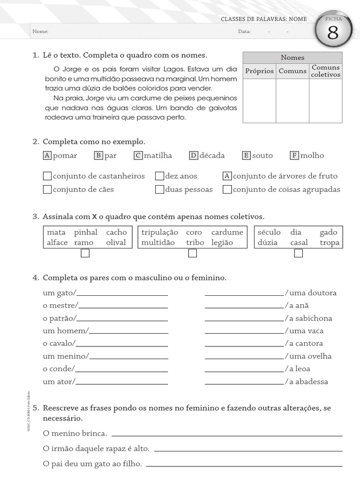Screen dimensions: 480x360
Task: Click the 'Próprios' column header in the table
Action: coord(259,71)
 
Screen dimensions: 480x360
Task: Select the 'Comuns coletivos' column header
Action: coord(325,71)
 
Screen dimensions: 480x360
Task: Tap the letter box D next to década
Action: coord(194,156)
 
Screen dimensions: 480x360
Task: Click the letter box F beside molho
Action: coord(294,156)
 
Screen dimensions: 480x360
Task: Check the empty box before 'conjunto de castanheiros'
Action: coord(47,176)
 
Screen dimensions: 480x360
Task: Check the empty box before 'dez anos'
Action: coord(159,176)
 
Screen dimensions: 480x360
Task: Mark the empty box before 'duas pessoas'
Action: coord(159,190)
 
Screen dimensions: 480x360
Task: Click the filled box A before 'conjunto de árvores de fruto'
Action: coord(227,176)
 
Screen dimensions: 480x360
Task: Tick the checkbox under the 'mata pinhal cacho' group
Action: coord(85,254)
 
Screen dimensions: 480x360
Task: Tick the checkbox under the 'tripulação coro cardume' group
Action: coord(192,254)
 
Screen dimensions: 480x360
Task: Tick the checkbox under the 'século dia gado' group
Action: coord(299,254)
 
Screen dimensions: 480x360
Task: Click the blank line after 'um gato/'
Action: coord(122,295)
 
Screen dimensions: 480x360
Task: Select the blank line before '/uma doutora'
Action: coord(244,295)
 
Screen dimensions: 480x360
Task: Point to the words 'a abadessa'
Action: coord(309,382)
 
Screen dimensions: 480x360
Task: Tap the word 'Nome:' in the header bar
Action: coord(40,31)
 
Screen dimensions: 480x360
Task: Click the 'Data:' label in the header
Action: coord(244,31)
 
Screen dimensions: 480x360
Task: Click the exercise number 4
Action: coord(35,278)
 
